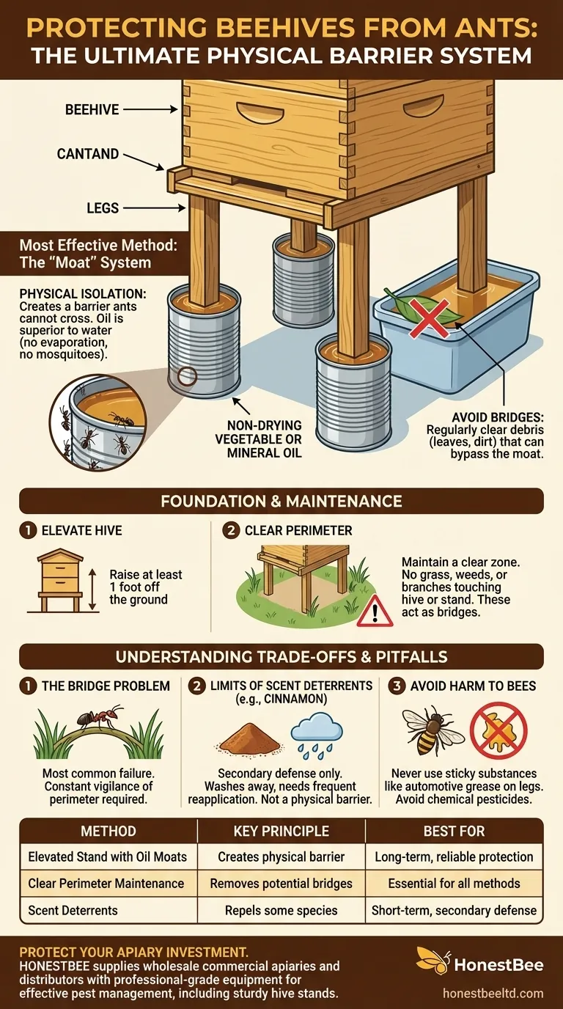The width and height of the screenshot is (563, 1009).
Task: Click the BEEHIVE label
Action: (x=92, y=110)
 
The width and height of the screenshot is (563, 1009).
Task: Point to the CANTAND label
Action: (x=88, y=154)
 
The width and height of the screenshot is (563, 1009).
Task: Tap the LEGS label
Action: (x=103, y=208)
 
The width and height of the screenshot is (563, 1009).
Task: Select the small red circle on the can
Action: (x=188, y=377)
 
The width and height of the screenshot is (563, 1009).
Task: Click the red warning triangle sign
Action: (x=374, y=610)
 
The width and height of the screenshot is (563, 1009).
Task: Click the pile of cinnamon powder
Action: (x=250, y=740)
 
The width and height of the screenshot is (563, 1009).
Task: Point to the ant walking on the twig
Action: (x=99, y=719)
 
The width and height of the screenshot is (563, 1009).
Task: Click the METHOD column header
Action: (x=108, y=831)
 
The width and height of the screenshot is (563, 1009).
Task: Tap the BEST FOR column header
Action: (x=455, y=831)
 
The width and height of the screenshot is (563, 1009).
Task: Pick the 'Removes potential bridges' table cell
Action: (x=281, y=884)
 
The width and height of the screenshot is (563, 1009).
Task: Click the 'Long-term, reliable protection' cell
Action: (x=455, y=856)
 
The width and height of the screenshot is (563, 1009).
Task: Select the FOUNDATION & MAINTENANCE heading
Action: (x=281, y=502)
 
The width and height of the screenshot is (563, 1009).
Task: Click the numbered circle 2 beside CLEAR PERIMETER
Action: (x=231, y=530)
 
